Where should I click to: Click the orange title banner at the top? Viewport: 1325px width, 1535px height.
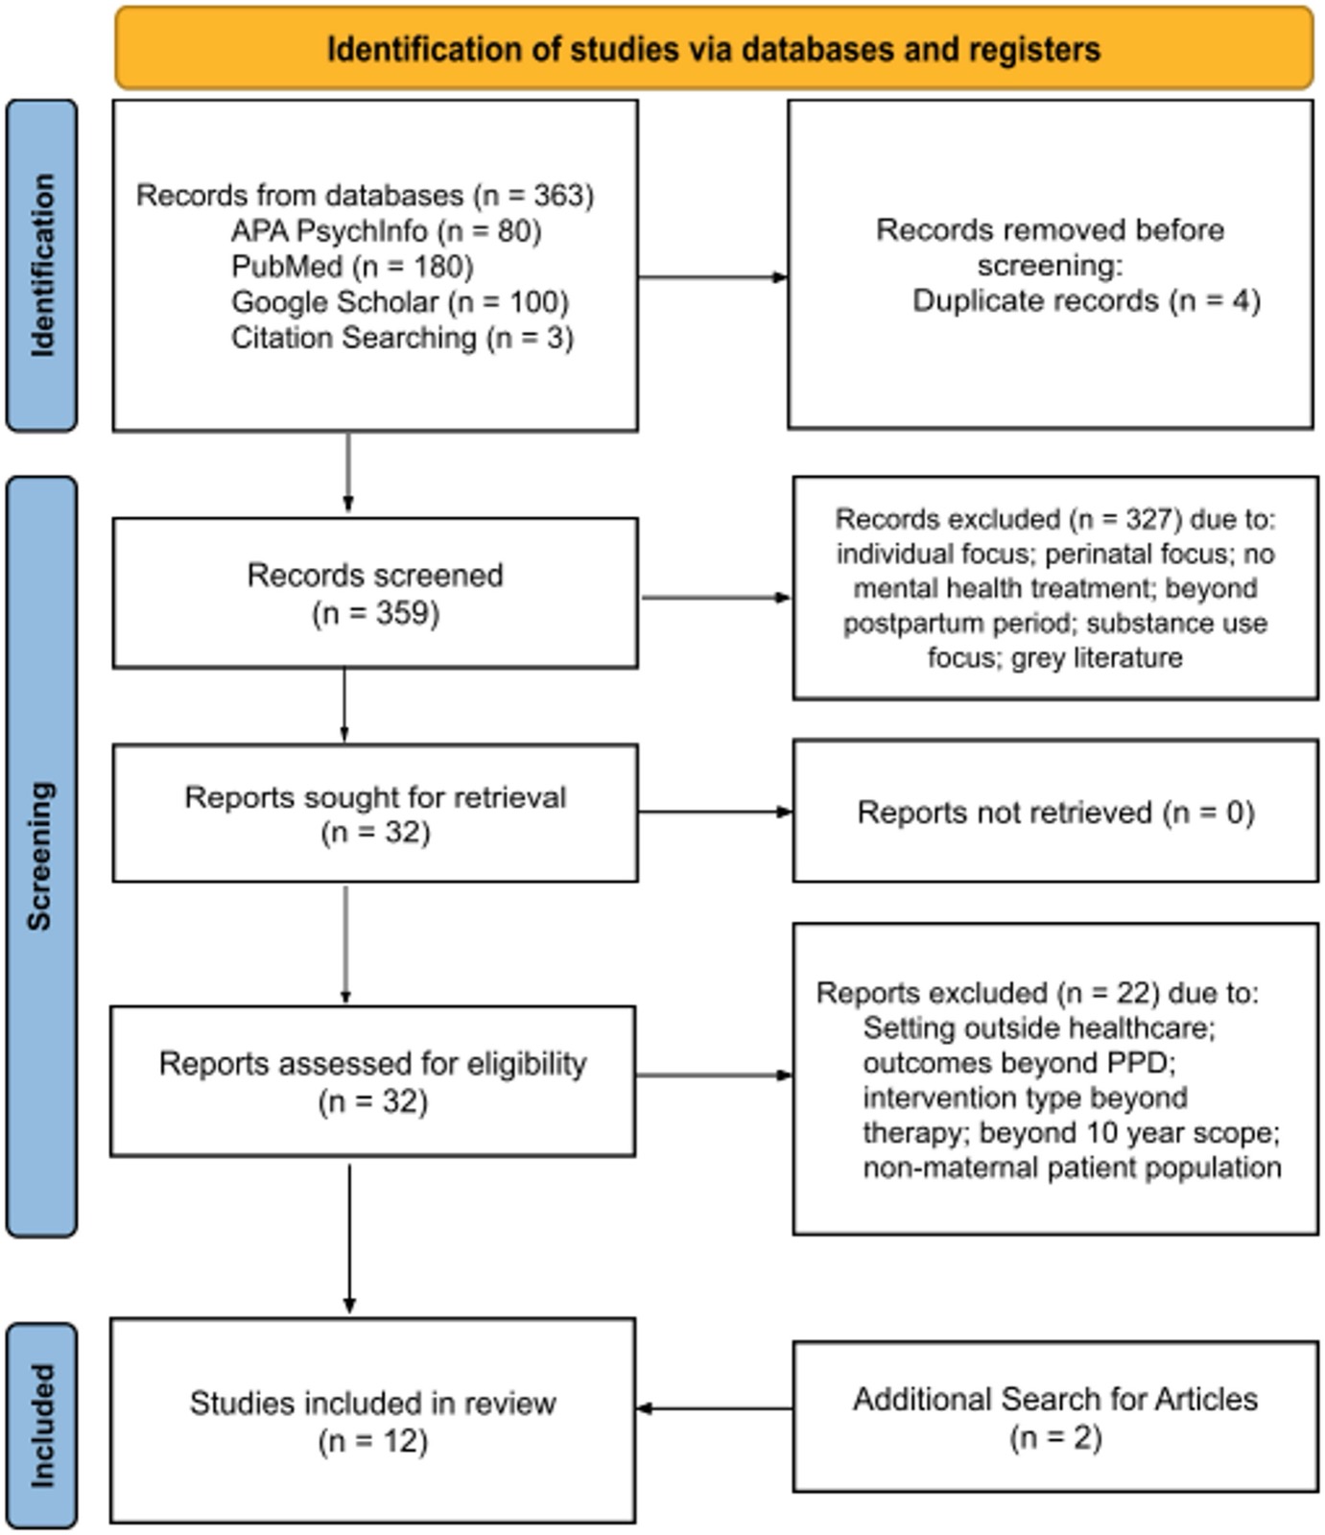click(714, 48)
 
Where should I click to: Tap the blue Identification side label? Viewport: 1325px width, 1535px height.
click(42, 266)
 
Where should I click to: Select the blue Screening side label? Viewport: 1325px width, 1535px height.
click(42, 857)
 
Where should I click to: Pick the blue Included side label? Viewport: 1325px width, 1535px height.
click(42, 1426)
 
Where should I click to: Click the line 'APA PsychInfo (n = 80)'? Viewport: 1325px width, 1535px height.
click(386, 231)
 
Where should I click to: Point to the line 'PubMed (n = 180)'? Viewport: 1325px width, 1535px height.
click(352, 267)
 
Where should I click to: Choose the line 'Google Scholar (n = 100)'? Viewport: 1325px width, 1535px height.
click(399, 302)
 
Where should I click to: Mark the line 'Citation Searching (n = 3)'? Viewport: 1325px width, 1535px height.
click(402, 338)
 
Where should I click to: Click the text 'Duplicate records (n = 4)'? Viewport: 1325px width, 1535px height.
click(1086, 301)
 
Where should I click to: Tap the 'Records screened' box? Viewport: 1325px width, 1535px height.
click(375, 593)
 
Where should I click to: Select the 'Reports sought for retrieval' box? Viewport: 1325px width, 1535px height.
click(375, 813)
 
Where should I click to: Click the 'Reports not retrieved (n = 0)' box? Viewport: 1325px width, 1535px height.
click(1055, 811)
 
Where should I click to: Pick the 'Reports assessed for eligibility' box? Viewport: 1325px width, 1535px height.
click(372, 1081)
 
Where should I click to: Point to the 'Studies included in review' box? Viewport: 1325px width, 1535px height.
click(372, 1421)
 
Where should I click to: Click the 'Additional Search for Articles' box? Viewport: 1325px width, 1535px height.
click(1055, 1417)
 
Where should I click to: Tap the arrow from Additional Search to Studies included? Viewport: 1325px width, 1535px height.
click(715, 1408)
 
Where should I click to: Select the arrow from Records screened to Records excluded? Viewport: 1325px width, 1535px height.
click(717, 598)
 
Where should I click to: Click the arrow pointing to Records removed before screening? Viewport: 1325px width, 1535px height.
click(713, 277)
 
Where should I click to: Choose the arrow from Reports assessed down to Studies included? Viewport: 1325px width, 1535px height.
click(349, 1239)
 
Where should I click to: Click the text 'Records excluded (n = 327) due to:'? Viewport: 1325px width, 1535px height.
click(1055, 519)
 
